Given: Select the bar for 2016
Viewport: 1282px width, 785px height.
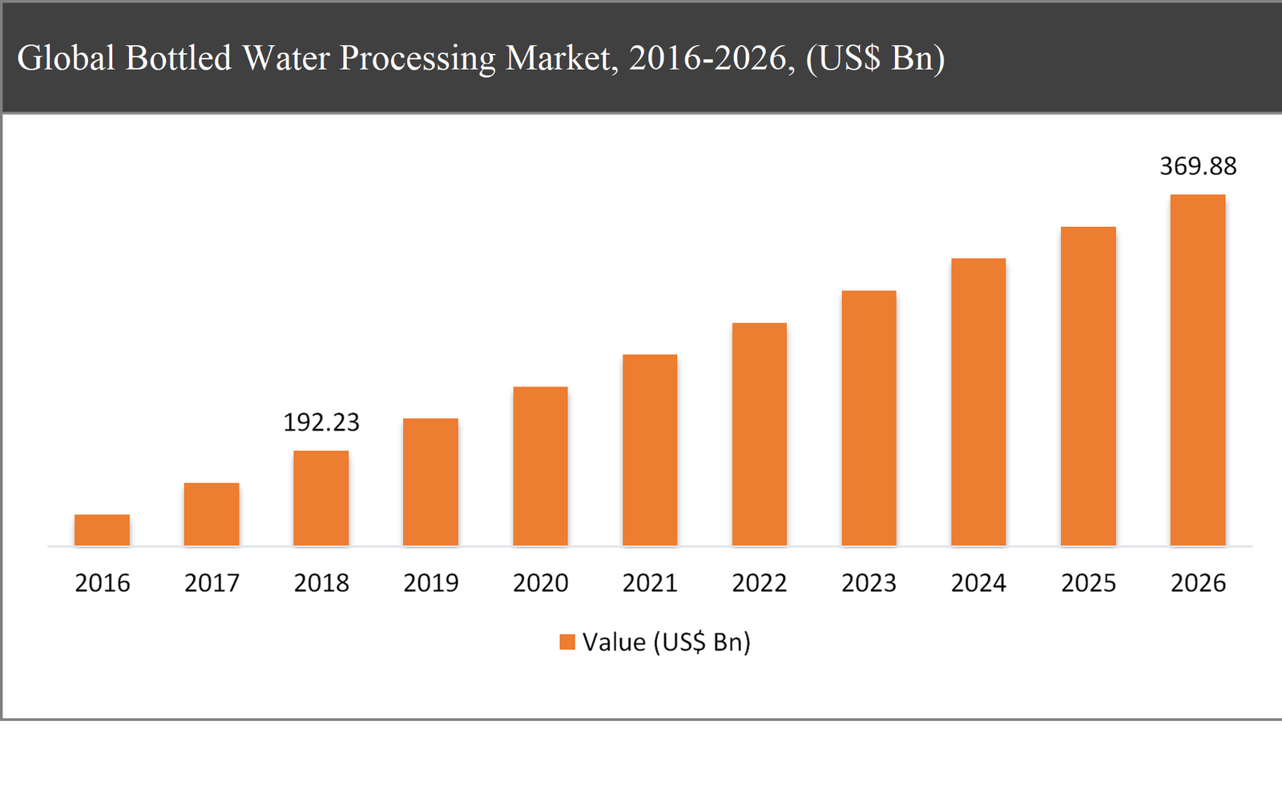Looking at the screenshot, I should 102,530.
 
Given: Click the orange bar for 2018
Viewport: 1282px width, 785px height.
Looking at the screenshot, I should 320,498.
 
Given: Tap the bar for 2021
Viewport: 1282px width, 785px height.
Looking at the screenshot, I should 650,450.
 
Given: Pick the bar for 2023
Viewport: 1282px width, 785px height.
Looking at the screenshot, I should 869,418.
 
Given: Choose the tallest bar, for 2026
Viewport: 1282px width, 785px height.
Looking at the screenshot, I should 1198,370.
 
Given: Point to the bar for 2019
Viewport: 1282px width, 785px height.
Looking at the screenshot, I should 430,482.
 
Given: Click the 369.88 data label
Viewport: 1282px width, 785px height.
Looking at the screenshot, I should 1198,166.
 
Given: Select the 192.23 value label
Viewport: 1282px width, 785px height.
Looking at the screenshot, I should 321,423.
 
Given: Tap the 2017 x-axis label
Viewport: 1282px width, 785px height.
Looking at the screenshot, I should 212,583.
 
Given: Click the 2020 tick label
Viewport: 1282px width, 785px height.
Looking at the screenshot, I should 540,583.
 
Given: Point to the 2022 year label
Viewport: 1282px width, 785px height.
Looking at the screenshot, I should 759,583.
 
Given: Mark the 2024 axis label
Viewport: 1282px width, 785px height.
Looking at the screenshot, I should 978,583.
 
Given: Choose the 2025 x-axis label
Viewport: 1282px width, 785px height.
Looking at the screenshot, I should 1088,583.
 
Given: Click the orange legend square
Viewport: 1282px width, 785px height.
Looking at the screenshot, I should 567,641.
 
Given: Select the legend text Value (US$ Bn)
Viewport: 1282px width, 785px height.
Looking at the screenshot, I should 666,642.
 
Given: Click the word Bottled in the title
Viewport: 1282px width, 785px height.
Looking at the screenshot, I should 178,58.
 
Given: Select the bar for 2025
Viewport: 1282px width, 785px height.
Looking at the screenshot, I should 1088,386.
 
